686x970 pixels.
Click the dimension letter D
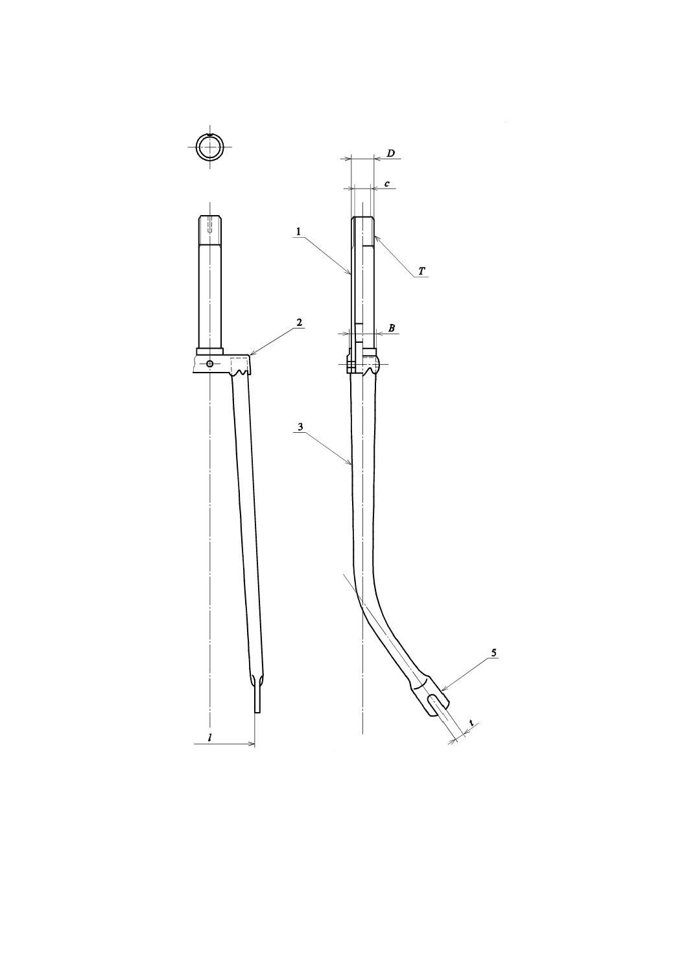click(390, 154)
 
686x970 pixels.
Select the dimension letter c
click(387, 183)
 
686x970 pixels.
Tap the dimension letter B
click(392, 329)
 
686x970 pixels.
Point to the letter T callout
click(421, 271)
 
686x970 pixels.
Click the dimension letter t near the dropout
click(471, 722)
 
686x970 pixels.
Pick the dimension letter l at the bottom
click(209, 737)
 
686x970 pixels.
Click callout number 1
click(298, 232)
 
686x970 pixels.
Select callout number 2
click(298, 322)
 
